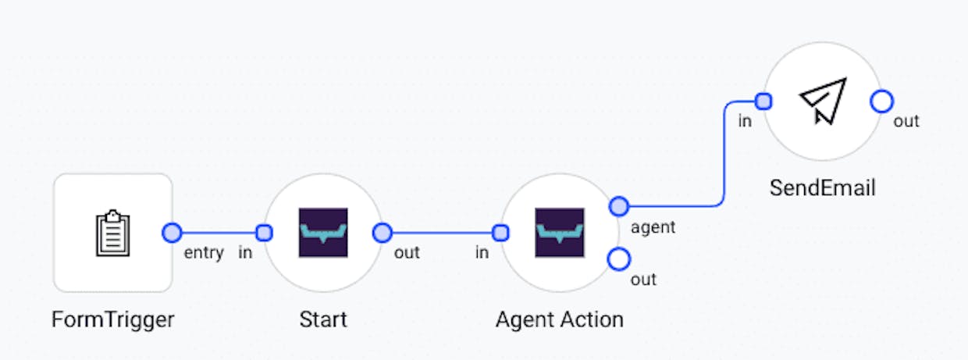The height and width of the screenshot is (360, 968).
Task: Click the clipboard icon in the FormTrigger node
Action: [x=112, y=233]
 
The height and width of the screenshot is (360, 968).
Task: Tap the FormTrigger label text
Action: [x=112, y=320]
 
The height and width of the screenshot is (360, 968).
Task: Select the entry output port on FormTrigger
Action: [x=172, y=233]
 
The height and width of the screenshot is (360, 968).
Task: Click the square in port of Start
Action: [x=264, y=233]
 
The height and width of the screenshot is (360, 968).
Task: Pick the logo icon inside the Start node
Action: [x=323, y=233]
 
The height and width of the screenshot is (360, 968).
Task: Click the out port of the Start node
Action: [x=383, y=233]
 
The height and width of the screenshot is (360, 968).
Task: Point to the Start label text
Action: [x=323, y=320]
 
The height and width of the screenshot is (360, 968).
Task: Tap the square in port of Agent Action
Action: [x=500, y=233]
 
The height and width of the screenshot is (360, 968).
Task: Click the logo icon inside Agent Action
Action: [x=560, y=233]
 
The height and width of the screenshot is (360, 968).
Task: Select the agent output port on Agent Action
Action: [x=619, y=206]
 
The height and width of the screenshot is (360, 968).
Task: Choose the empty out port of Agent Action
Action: [x=619, y=259]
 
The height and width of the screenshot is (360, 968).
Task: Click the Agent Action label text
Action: [x=560, y=320]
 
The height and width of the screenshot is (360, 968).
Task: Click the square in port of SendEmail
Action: [x=763, y=102]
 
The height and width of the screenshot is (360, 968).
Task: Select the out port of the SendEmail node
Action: [x=882, y=102]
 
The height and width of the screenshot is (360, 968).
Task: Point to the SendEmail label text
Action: [x=823, y=188]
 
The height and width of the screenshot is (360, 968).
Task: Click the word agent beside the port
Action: [x=653, y=227]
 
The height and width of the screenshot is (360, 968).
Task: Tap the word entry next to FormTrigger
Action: [x=204, y=252]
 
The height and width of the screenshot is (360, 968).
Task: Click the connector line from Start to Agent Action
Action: [x=442, y=233]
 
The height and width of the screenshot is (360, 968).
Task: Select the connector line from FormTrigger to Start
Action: [x=219, y=233]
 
